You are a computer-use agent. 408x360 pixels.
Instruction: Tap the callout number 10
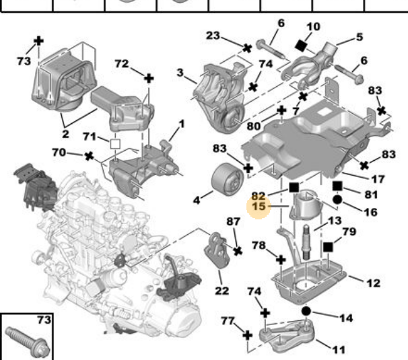[x=313, y=28]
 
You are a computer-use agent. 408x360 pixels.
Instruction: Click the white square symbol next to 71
[x=114, y=143]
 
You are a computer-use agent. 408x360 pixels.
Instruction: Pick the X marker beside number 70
[x=89, y=157]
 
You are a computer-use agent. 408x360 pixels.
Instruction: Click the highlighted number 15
[x=260, y=206]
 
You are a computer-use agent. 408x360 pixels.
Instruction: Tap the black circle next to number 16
[x=337, y=200]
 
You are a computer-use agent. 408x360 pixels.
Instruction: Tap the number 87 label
[x=233, y=221]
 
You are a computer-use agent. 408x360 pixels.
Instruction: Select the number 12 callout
[x=372, y=283]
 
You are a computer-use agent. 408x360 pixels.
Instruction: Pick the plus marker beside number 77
[x=247, y=334]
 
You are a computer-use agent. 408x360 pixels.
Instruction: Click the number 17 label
[x=378, y=180]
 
